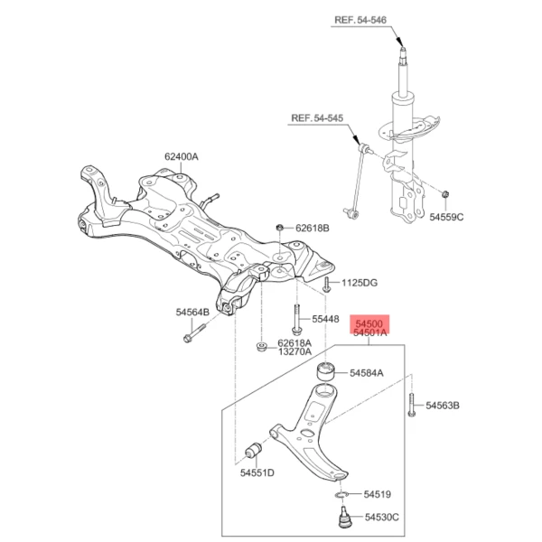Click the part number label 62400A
181,156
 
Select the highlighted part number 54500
371,322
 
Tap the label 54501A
371,333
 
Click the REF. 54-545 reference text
319,117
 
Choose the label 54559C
446,218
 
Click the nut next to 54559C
446,193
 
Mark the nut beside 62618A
261,346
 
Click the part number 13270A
294,351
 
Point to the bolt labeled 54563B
411,405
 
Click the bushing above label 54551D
256,448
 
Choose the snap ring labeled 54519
341,494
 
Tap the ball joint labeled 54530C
344,519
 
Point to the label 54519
378,494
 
